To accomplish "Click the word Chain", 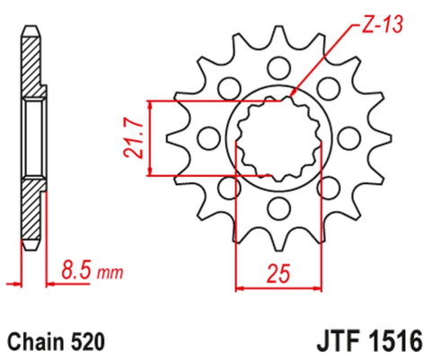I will (x=36, y=341).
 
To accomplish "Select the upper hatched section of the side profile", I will (x=31, y=67).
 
